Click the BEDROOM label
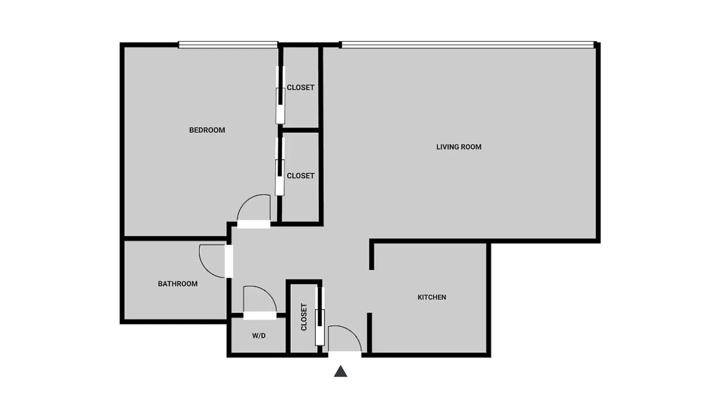click(x=207, y=130)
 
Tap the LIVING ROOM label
click(x=459, y=147)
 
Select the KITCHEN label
click(x=431, y=297)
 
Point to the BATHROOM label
click(x=178, y=284)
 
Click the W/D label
click(x=259, y=336)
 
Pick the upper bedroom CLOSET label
click(x=300, y=88)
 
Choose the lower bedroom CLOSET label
click(x=300, y=176)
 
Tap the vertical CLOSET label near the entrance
click(x=304, y=317)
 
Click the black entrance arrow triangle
click(x=341, y=372)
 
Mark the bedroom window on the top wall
click(x=228, y=45)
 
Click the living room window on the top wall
click(x=467, y=45)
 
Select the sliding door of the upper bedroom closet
click(x=280, y=95)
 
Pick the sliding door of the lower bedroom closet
click(x=279, y=166)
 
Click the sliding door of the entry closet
click(x=319, y=316)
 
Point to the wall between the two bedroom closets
click(x=300, y=131)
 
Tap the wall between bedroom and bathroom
click(x=175, y=238)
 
